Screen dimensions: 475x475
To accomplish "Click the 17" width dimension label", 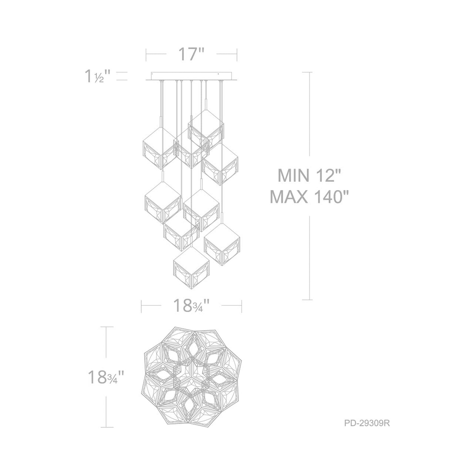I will (x=191, y=54).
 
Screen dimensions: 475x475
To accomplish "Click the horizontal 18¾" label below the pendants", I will (x=192, y=306).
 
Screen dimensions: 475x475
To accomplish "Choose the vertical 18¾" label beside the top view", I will (x=106, y=377).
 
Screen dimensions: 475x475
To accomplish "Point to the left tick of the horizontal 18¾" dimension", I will (x=141, y=306).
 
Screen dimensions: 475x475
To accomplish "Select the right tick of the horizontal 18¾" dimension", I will (x=242, y=306).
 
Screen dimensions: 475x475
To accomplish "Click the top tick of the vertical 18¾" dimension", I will (x=106, y=327).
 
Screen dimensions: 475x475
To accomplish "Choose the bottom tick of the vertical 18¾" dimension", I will (x=106, y=427).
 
